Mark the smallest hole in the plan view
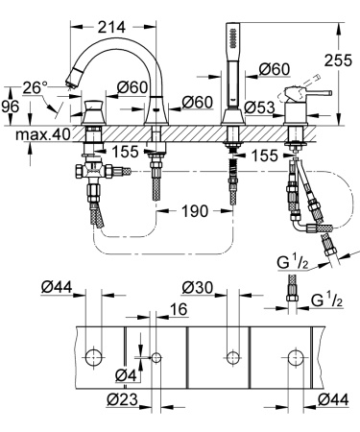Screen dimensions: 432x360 pos(156,358)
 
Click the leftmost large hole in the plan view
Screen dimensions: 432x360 pos(92,358)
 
